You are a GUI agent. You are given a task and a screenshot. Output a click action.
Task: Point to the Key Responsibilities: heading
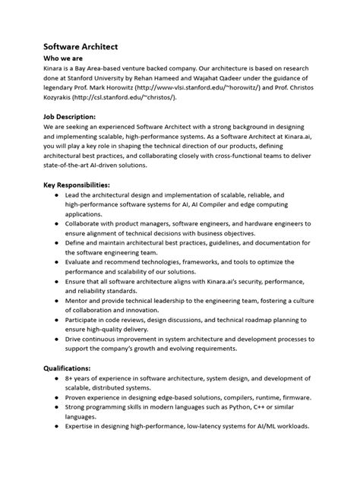coord(77,185)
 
